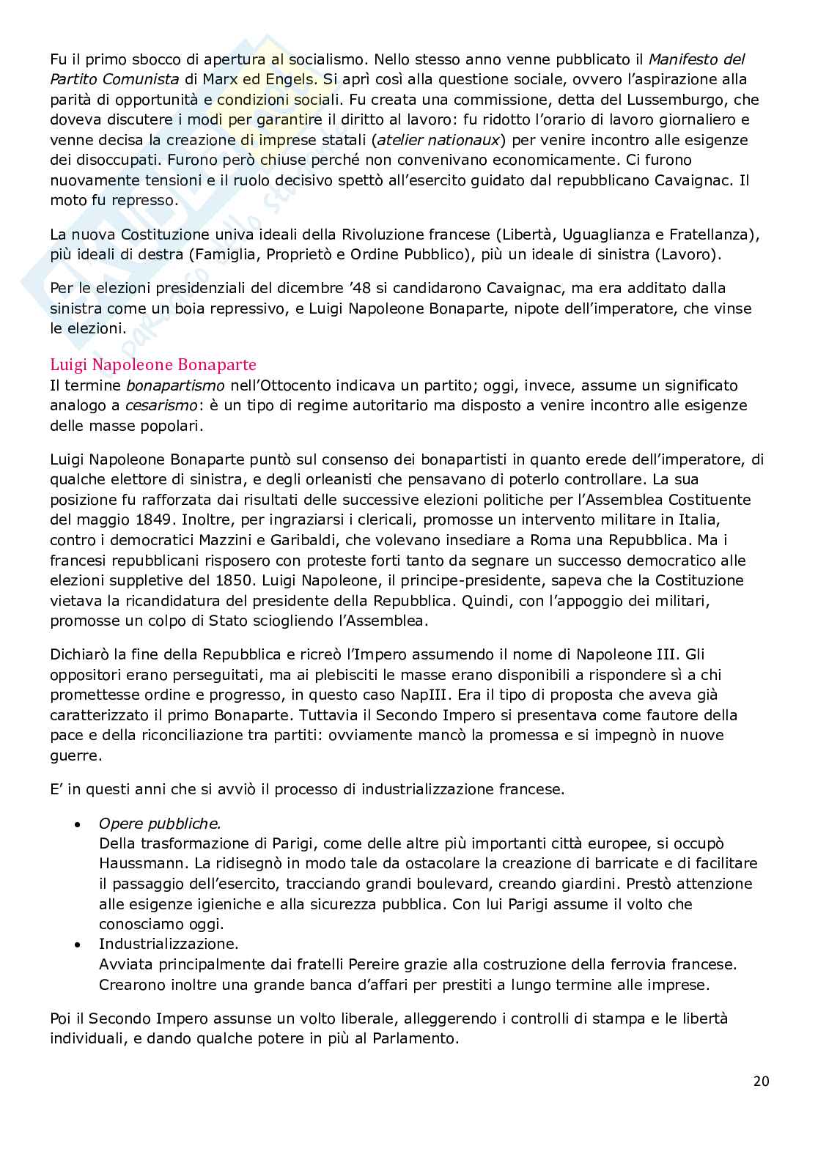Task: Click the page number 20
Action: (x=761, y=1081)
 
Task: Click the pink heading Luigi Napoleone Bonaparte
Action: (x=153, y=364)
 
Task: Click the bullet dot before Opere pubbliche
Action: (x=78, y=824)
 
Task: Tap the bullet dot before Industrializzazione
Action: (x=78, y=945)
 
